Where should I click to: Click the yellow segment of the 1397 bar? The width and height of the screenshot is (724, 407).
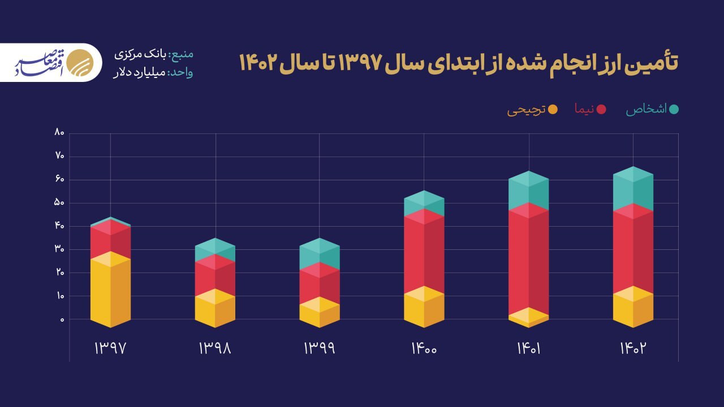click(110, 291)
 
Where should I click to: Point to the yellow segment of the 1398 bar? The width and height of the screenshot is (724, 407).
click(215, 311)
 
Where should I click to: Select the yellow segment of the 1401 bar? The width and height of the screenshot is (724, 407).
click(529, 318)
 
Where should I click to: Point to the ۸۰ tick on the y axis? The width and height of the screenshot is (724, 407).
click(59, 133)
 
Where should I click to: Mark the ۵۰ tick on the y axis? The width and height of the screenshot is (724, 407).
click(59, 203)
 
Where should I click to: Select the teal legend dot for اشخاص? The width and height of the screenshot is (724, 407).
click(674, 110)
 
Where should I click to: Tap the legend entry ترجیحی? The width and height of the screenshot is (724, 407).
click(526, 110)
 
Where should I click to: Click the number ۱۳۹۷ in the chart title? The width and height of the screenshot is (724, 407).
click(362, 62)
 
